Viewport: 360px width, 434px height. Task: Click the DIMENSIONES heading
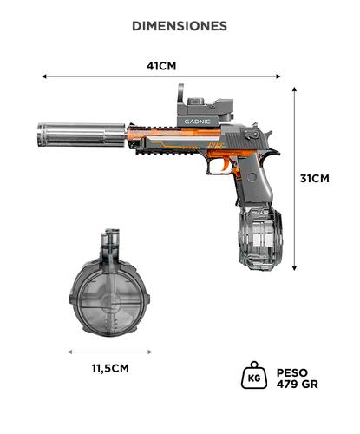(180, 26)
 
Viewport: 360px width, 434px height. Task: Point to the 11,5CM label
(110, 368)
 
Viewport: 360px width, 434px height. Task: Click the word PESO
(291, 371)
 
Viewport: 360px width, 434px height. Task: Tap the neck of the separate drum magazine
(109, 242)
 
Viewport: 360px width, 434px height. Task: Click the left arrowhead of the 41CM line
(44, 76)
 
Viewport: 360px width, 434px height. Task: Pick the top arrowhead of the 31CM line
(295, 89)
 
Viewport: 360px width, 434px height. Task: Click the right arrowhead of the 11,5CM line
(153, 352)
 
